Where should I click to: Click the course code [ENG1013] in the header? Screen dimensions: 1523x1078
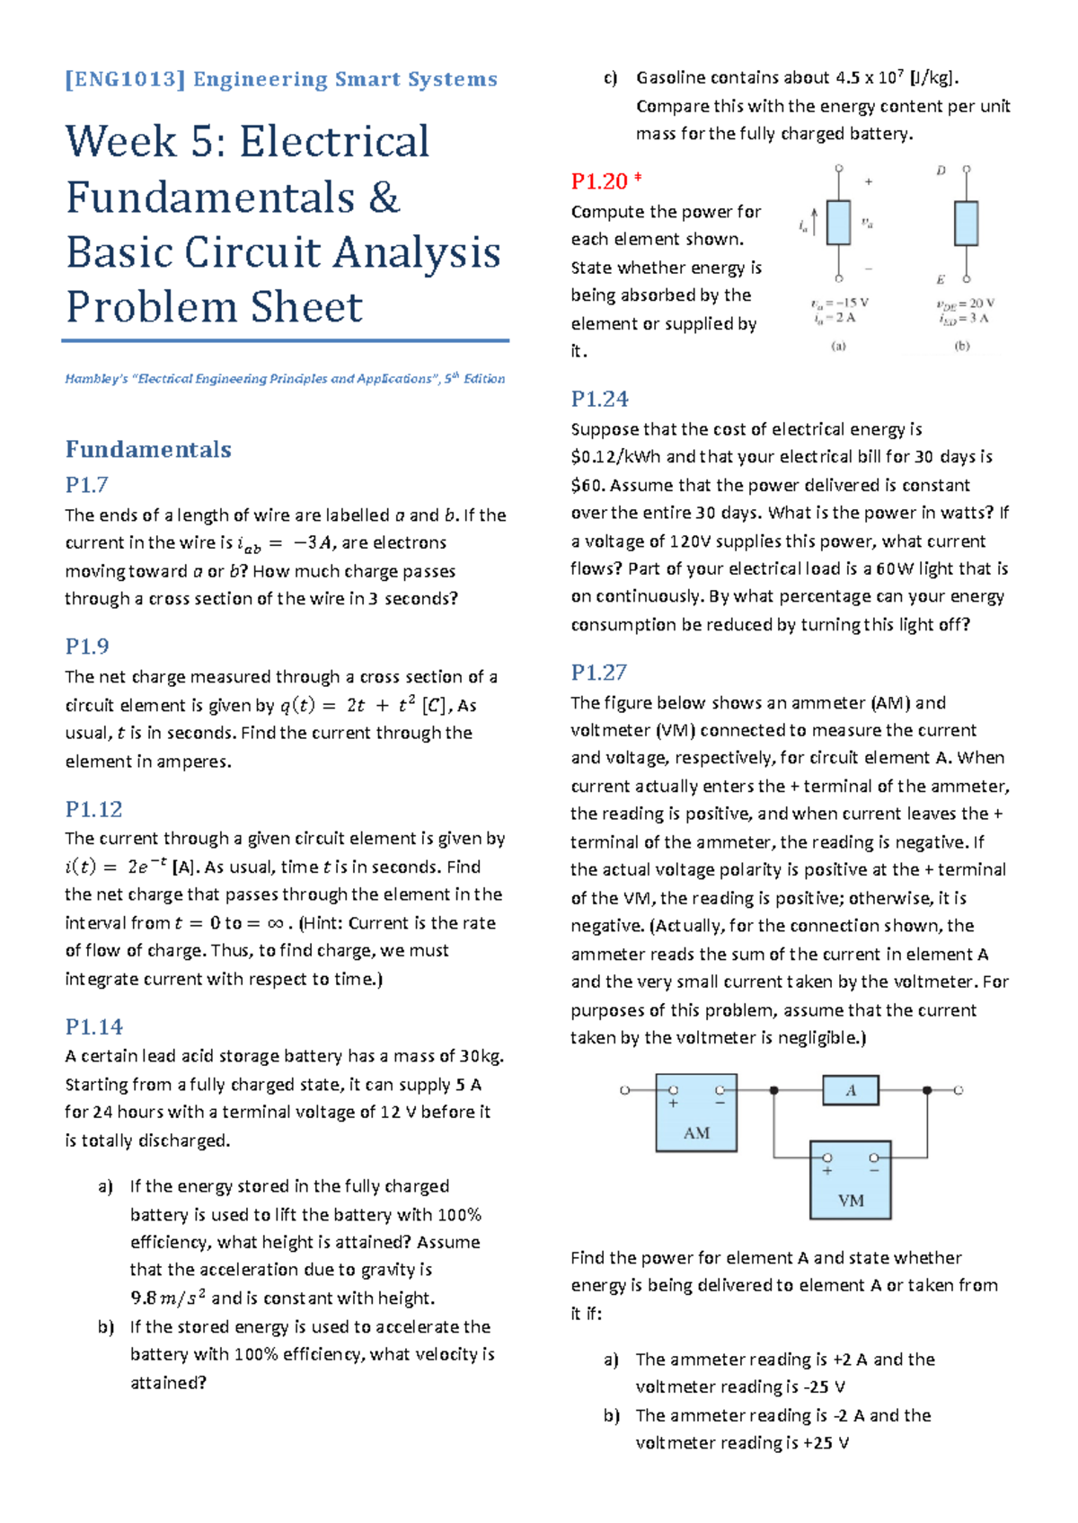point(125,80)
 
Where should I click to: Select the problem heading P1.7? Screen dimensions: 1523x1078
point(86,485)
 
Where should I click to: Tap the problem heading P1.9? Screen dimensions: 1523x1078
point(86,647)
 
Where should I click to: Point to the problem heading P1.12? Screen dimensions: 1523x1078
point(93,809)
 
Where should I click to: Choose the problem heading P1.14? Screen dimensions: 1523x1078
point(93,1026)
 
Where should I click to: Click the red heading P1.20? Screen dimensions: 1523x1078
point(599,181)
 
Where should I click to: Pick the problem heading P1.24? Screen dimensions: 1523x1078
point(599,399)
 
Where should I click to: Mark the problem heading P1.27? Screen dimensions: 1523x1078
point(598,673)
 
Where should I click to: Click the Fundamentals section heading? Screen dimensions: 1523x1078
point(148,449)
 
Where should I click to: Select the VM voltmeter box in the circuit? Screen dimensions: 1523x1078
point(850,1180)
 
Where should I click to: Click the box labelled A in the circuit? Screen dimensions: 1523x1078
point(850,1090)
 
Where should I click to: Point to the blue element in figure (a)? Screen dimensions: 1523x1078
point(838,223)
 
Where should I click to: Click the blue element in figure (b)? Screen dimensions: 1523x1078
point(966,223)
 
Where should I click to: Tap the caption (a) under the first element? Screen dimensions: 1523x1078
point(838,346)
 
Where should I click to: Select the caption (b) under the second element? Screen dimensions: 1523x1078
point(961,346)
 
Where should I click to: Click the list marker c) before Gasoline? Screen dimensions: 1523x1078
point(611,78)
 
